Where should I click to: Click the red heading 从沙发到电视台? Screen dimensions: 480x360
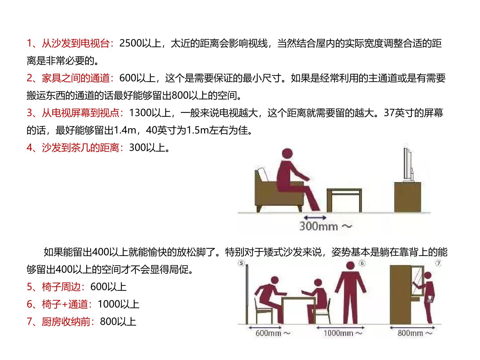(76, 43)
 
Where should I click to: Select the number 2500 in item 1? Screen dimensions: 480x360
(131, 43)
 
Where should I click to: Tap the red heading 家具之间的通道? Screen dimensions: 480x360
(76, 78)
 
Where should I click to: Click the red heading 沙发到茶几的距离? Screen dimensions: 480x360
(80, 148)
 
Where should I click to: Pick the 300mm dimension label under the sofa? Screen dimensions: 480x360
(325, 226)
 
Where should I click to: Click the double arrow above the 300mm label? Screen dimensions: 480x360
(315, 218)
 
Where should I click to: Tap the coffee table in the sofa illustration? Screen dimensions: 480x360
(344, 200)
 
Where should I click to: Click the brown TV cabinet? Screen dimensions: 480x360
(408, 197)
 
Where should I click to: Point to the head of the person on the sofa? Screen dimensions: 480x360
(287, 154)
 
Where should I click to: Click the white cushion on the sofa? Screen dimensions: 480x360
(263, 174)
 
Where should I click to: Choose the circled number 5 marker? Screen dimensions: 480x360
(241, 263)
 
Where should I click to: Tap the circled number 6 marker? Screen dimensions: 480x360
(362, 263)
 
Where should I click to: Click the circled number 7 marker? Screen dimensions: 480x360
(438, 263)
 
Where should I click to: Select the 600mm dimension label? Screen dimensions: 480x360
(272, 333)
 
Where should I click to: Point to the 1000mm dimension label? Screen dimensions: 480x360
(343, 333)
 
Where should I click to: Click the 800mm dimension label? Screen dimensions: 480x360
(415, 333)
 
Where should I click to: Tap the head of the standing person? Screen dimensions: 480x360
(350, 266)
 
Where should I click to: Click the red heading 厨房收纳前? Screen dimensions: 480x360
(66, 322)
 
